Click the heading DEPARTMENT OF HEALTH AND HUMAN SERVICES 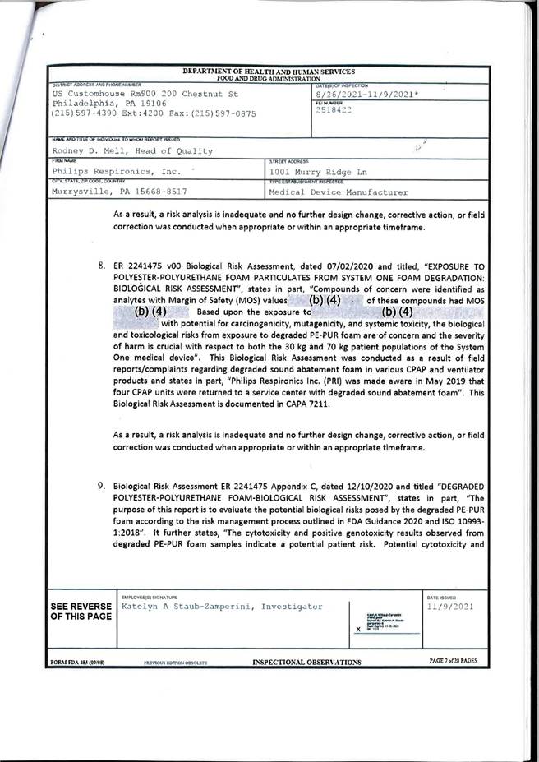tap(269, 72)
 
